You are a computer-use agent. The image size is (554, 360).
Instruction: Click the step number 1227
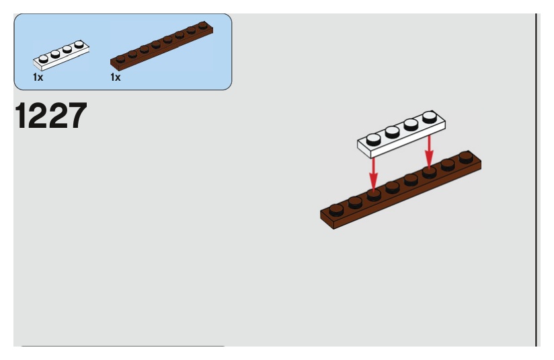pyautogui.click(x=50, y=117)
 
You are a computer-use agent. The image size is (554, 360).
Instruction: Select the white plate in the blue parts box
pyautogui.click(x=61, y=57)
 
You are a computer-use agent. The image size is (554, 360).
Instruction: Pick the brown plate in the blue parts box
pyautogui.click(x=161, y=46)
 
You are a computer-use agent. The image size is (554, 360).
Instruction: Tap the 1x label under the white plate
pyautogui.click(x=38, y=77)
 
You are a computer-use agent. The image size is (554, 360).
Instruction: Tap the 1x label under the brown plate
pyautogui.click(x=115, y=77)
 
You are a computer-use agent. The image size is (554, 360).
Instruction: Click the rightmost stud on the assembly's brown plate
pyautogui.click(x=466, y=157)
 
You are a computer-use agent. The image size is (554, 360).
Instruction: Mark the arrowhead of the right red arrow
pyautogui.click(x=429, y=164)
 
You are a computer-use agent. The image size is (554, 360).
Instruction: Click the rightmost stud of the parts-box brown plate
pyautogui.click(x=202, y=28)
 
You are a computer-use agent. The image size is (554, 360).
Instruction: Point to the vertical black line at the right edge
pyautogui.click(x=537, y=175)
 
